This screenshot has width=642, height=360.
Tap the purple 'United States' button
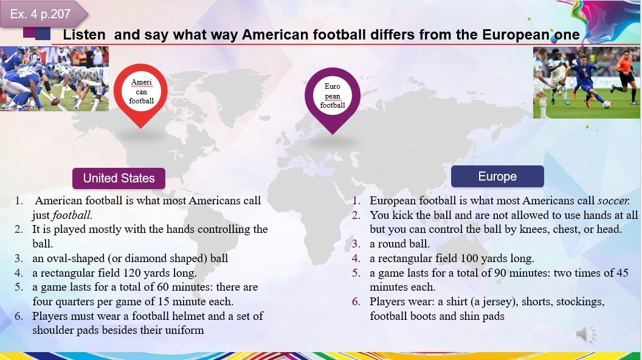coord(119,178)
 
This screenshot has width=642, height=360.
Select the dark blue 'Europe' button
coord(497,176)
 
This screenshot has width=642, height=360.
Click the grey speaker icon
coord(586,334)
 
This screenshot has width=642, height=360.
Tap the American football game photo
coord(55,78)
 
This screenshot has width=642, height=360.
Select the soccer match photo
coord(586,83)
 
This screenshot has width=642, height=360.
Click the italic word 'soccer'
coord(613,201)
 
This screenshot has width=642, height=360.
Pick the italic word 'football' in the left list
coord(72,215)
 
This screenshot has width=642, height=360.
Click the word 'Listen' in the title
coord(84,35)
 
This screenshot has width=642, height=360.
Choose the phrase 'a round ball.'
coord(399,244)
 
